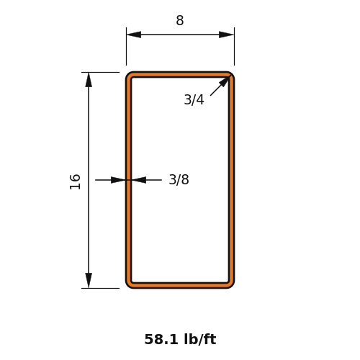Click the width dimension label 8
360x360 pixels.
(180, 20)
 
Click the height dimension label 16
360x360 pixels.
(75, 181)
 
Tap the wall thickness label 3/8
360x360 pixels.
(179, 179)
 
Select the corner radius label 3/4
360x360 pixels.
(194, 99)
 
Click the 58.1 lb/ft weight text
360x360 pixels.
(180, 339)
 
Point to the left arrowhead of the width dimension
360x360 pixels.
(134, 35)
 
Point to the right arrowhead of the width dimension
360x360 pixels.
(226, 35)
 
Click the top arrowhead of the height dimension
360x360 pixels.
(89, 80)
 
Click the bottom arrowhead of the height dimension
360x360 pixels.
(89, 280)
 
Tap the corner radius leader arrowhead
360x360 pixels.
(225, 81)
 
